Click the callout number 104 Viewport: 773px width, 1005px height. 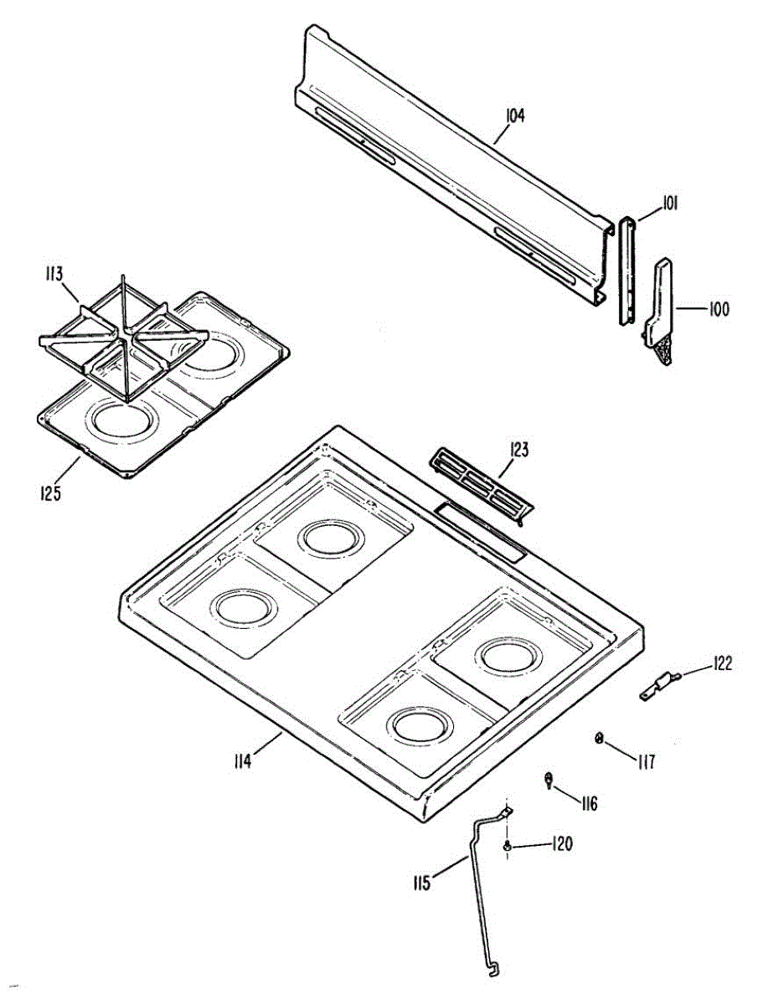515,116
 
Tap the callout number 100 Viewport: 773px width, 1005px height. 719,309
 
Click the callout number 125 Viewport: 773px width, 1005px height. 51,493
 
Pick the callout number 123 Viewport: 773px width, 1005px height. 519,450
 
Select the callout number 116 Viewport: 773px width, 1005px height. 589,804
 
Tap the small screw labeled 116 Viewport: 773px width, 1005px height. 548,781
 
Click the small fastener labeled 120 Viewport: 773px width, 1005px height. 508,848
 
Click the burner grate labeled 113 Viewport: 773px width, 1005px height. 126,335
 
